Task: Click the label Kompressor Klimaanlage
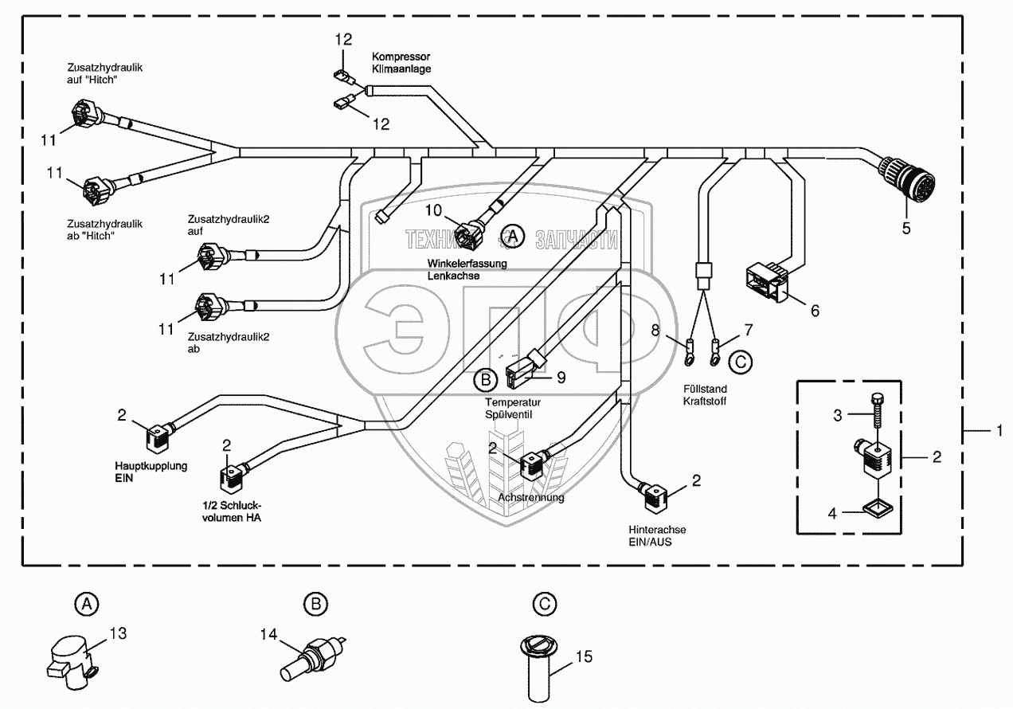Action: [401, 63]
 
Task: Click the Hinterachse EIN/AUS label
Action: [657, 535]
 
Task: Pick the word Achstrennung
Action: [530, 497]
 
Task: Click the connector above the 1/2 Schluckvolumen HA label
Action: [233, 476]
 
